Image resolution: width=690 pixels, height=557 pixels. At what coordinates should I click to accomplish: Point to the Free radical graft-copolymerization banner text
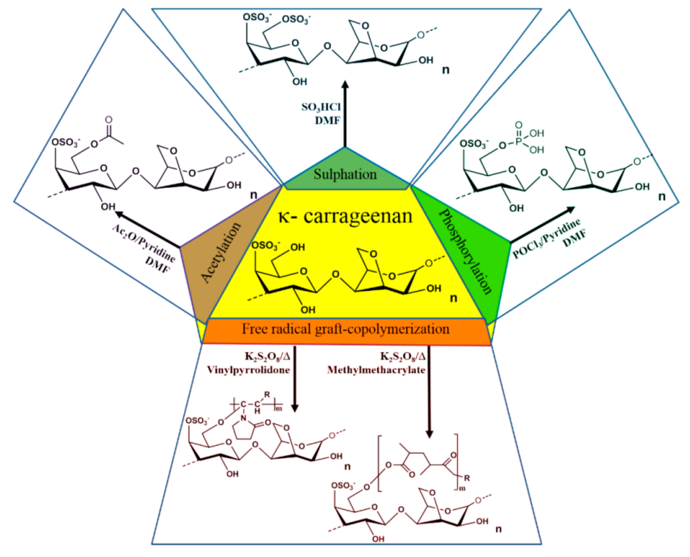pyautogui.click(x=346, y=330)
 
